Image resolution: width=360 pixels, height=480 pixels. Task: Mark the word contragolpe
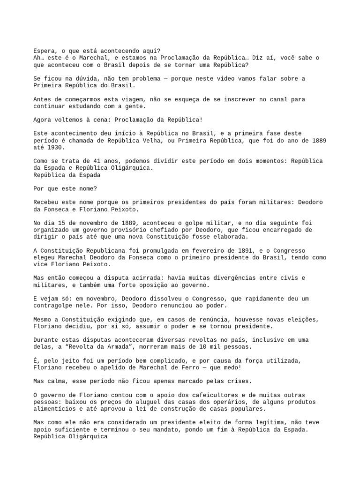click(x=53, y=305)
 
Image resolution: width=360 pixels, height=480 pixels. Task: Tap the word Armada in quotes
click(x=120, y=347)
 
